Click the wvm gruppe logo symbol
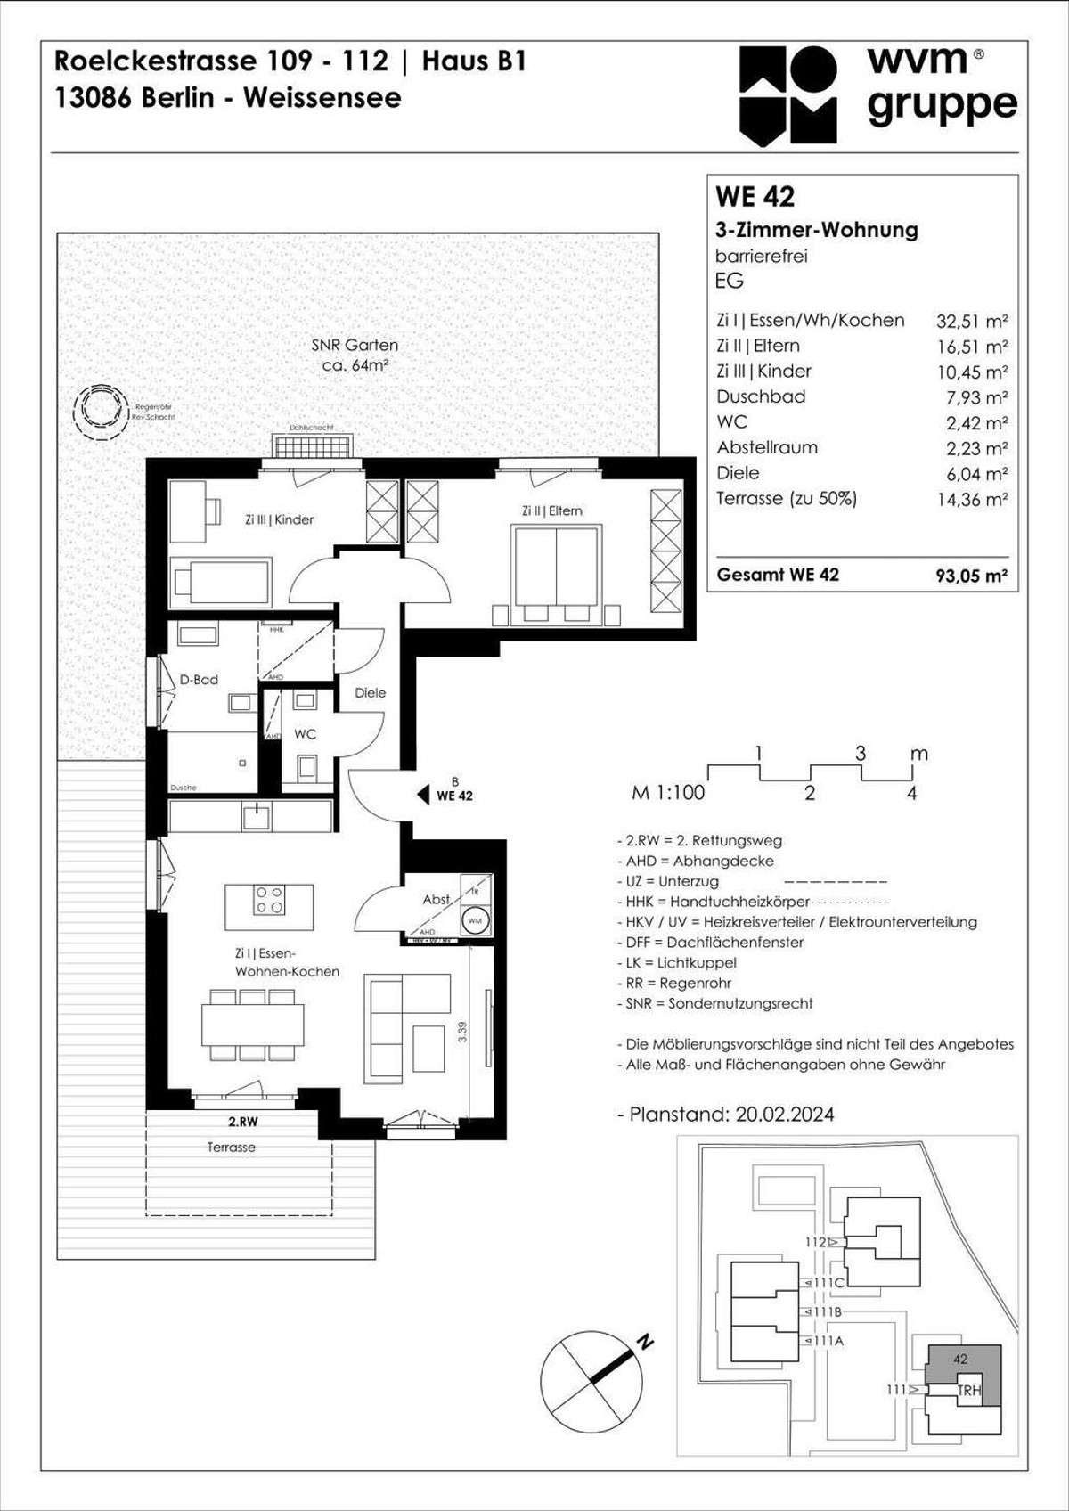787,95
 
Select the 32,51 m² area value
972,322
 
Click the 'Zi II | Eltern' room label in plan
551,510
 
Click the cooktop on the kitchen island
269,901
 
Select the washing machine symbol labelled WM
475,921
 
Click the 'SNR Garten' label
355,345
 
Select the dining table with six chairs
252,1025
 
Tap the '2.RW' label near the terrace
242,1123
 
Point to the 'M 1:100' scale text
667,793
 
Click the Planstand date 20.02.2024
785,1115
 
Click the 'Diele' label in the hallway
370,692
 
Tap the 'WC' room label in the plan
305,734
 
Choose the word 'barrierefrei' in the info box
761,256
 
